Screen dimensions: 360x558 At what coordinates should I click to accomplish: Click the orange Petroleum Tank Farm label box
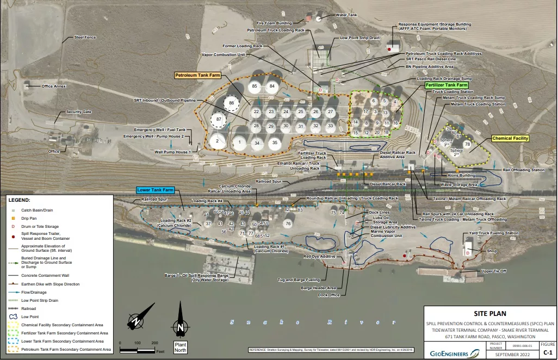[197, 75]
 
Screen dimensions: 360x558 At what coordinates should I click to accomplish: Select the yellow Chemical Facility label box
[510, 139]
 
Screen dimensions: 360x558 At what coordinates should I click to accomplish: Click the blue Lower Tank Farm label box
[154, 190]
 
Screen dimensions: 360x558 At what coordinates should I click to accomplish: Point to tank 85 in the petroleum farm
[254, 86]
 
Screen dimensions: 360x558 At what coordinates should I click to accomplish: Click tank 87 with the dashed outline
[219, 119]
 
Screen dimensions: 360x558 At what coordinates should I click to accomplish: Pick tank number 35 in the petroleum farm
[275, 143]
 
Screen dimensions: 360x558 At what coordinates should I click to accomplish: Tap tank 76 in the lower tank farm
[288, 224]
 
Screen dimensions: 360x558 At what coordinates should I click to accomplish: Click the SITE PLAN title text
[489, 313]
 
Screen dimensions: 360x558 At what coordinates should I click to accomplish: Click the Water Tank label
[346, 15]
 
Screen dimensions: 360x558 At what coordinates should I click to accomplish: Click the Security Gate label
[79, 112]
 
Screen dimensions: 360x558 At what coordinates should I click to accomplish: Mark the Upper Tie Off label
[494, 271]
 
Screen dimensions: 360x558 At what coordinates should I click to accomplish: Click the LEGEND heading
[20, 200]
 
